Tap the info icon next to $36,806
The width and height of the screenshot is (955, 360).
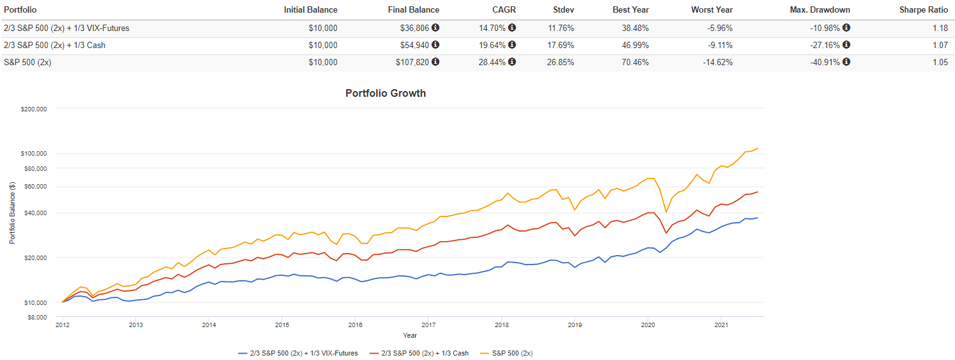point(435,28)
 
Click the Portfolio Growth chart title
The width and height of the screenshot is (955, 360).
point(385,93)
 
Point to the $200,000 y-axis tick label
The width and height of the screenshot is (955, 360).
point(34,109)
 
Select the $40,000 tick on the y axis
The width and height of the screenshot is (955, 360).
point(36,213)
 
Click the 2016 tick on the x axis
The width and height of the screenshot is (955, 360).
point(355,325)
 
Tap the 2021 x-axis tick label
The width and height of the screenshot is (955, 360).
point(720,325)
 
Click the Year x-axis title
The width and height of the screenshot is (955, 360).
point(409,335)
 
